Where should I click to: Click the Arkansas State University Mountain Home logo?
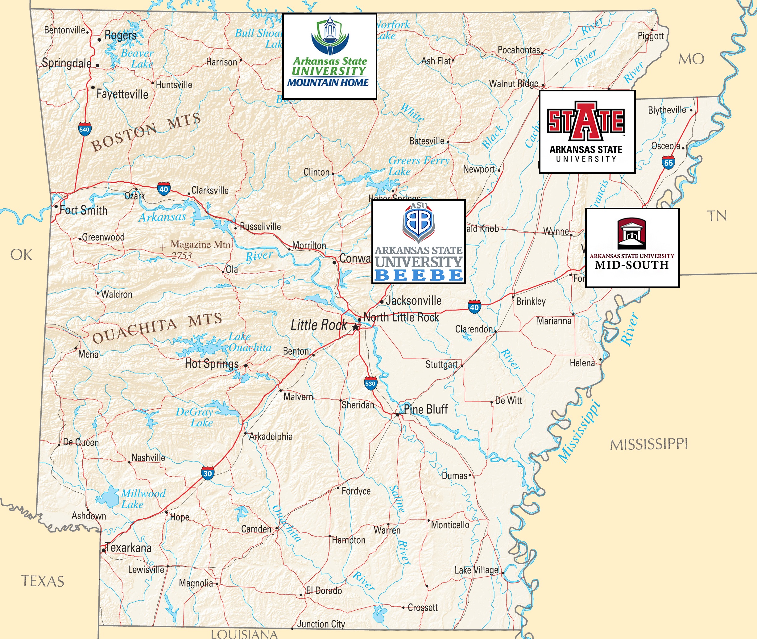tap(329, 56)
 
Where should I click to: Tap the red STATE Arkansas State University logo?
tap(587, 132)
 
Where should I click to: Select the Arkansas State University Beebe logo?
tap(419, 241)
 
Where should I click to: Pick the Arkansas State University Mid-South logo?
tap(632, 248)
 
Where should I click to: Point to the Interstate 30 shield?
tap(207, 473)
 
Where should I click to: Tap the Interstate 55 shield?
tap(668, 163)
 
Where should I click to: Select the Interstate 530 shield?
tap(370, 384)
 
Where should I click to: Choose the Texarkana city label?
tap(128, 547)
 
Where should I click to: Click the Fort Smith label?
tap(83, 210)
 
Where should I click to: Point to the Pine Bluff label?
tap(425, 409)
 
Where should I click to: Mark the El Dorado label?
tap(324, 591)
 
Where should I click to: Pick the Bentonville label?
tap(64, 30)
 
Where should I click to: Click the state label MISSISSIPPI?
tap(649, 444)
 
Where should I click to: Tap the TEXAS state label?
tap(43, 581)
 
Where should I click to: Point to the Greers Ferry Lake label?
tap(419, 165)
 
